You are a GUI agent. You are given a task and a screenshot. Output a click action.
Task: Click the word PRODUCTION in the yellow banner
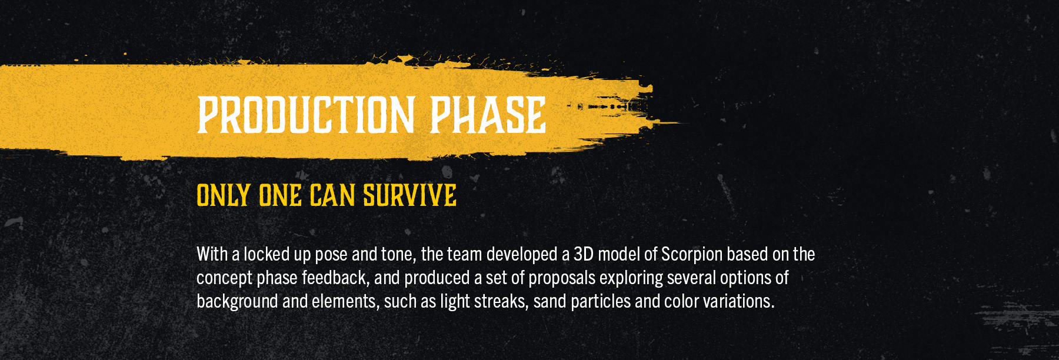click(306, 115)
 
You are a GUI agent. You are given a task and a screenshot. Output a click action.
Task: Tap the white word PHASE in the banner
click(488, 115)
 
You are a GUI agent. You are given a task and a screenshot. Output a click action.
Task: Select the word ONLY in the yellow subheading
click(224, 195)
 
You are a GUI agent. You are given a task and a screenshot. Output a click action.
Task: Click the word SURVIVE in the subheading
click(409, 195)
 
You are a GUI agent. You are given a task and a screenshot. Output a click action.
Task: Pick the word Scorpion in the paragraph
click(692, 254)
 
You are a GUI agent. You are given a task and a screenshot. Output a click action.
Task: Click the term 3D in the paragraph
click(584, 254)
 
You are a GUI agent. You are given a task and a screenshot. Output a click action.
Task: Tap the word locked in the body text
click(267, 254)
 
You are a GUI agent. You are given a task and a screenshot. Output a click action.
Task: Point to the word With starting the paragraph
click(212, 254)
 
